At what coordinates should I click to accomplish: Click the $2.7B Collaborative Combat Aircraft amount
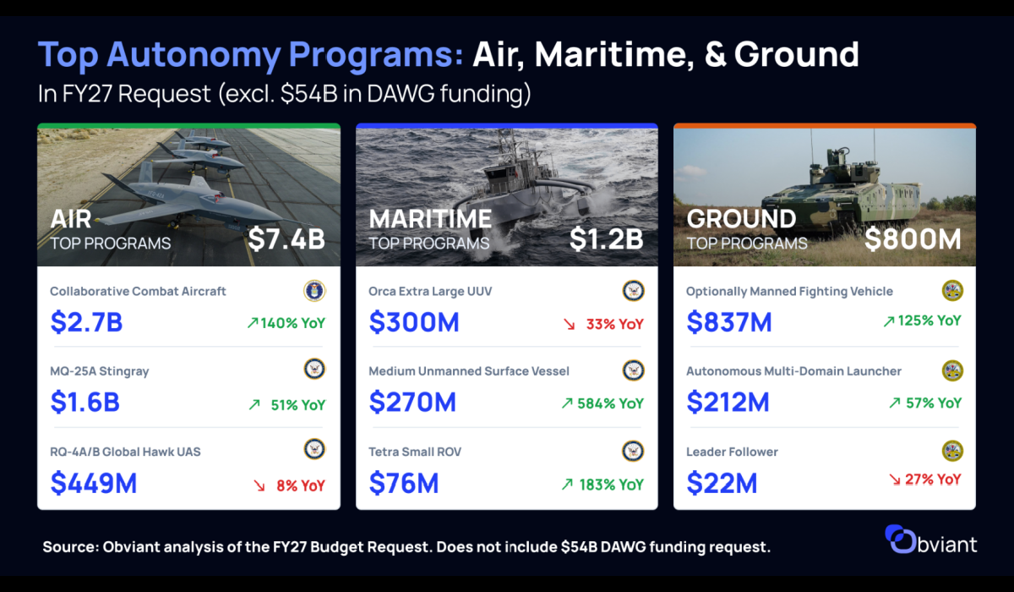86,322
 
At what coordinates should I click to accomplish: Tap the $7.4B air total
286,238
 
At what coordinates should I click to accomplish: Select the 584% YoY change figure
610,403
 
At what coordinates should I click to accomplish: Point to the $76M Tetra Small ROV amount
404,483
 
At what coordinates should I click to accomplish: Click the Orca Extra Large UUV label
430,291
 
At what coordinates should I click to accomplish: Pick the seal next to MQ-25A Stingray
314,369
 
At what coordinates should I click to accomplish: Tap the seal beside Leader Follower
952,451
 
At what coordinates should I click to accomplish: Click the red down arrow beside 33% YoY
569,324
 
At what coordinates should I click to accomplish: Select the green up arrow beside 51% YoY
254,404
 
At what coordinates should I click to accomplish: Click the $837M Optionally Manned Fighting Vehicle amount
728,322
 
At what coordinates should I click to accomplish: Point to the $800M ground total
913,239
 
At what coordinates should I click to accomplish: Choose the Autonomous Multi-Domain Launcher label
794,371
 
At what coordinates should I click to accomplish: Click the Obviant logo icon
901,539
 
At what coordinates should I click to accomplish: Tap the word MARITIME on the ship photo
430,219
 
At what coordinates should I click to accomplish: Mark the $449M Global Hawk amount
94,483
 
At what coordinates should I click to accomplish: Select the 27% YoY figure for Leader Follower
933,480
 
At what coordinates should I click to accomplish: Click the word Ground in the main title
796,54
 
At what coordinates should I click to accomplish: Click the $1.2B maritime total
606,238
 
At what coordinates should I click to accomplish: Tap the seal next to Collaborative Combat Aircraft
314,291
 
